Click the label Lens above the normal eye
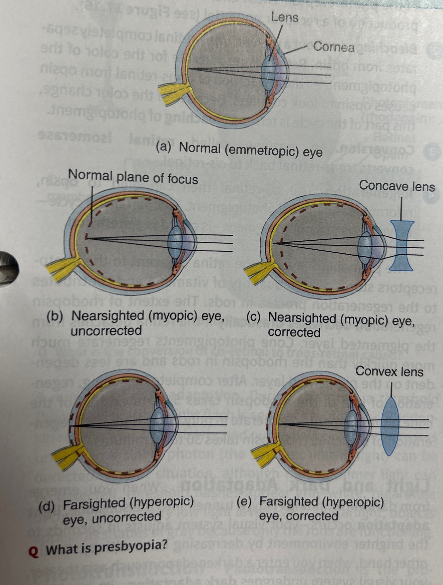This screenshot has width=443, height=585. tap(285, 17)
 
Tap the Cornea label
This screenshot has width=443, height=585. tap(334, 47)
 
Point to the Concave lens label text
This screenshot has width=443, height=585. tap(397, 186)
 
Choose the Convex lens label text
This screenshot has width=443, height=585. tap(389, 371)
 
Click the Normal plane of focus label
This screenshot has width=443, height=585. tap(133, 177)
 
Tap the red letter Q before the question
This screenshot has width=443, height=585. tap(34, 551)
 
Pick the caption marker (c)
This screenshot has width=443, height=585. tap(253, 317)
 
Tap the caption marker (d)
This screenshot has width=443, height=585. tap(46, 507)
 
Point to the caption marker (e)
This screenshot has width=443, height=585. tap(244, 501)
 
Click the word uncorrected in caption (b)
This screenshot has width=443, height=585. tap(106, 331)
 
